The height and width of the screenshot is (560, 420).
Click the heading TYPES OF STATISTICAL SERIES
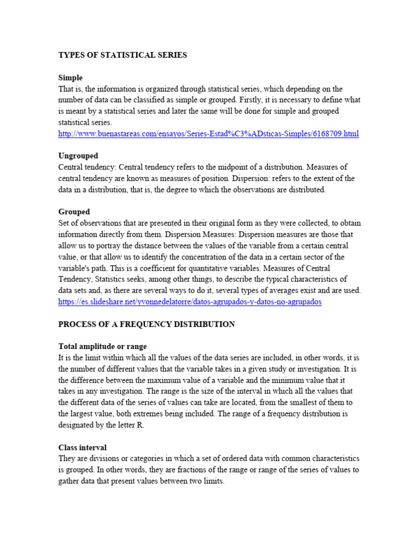tap(122, 55)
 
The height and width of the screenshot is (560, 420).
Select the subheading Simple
tap(71, 78)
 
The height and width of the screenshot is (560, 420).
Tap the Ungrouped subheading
tap(78, 156)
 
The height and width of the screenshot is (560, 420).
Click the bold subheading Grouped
tap(74, 212)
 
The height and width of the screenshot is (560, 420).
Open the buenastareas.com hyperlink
tap(208, 133)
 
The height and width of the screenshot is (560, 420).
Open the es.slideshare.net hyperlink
tap(190, 302)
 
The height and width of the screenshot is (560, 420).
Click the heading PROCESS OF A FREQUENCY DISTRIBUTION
tap(147, 324)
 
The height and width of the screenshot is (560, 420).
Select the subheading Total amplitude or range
tap(102, 347)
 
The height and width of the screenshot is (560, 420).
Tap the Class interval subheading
tap(83, 447)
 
